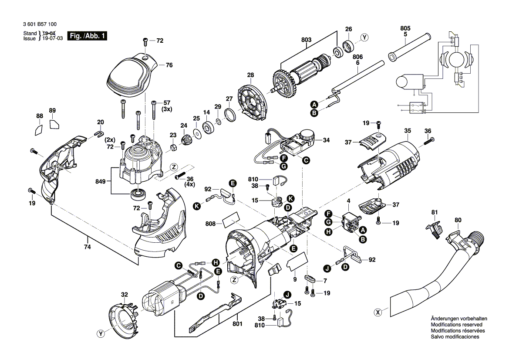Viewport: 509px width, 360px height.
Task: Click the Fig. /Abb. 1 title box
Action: click(x=87, y=36)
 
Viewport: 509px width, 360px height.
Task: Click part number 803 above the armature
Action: click(x=306, y=40)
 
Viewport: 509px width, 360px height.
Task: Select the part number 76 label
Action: click(x=169, y=65)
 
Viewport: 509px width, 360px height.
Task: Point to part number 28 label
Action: click(x=250, y=75)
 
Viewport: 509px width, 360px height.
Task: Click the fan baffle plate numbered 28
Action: click(x=253, y=100)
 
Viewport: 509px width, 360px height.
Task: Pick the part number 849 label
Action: click(x=100, y=181)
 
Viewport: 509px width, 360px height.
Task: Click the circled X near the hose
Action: click(x=378, y=312)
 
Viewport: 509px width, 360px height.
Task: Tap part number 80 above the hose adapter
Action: click(x=458, y=220)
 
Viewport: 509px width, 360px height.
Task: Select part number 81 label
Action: click(x=435, y=212)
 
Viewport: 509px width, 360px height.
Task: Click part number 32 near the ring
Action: click(x=125, y=295)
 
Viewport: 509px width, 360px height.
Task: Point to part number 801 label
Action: click(x=237, y=324)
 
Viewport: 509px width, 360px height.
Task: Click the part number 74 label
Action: click(x=87, y=247)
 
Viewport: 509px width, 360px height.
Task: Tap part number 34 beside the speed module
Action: click(x=326, y=140)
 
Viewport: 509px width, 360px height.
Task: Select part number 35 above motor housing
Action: click(x=408, y=131)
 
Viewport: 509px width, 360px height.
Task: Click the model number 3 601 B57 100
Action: click(x=40, y=24)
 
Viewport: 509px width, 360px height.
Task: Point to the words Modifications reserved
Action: click(x=456, y=325)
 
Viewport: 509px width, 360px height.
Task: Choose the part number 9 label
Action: click(x=295, y=279)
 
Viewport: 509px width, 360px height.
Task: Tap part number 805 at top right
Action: click(x=405, y=28)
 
